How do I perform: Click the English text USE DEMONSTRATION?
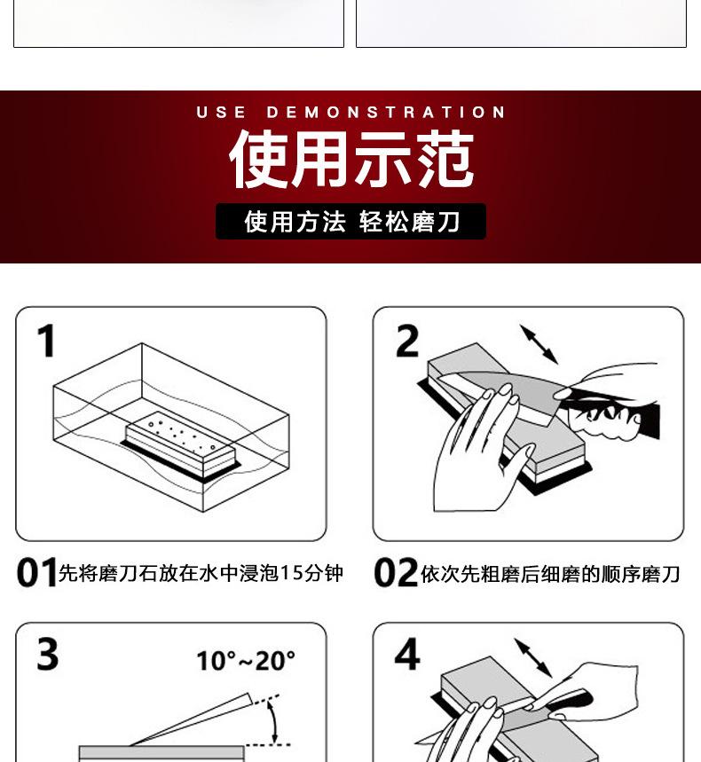[350, 113]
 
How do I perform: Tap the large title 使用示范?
[351, 159]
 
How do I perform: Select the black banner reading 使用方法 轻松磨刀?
[351, 222]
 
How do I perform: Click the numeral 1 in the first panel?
[46, 341]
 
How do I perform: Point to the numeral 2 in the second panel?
[407, 342]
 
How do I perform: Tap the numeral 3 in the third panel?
[48, 654]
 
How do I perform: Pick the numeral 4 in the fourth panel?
[407, 654]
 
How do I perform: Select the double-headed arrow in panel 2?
[540, 344]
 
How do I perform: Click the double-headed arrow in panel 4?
[533, 657]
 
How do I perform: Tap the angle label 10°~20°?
[246, 661]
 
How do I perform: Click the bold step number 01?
[36, 572]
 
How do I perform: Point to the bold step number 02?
[396, 572]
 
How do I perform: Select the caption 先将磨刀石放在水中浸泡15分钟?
[201, 573]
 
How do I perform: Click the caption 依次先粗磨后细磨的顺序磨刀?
[550, 574]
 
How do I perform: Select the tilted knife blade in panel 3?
[191, 720]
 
